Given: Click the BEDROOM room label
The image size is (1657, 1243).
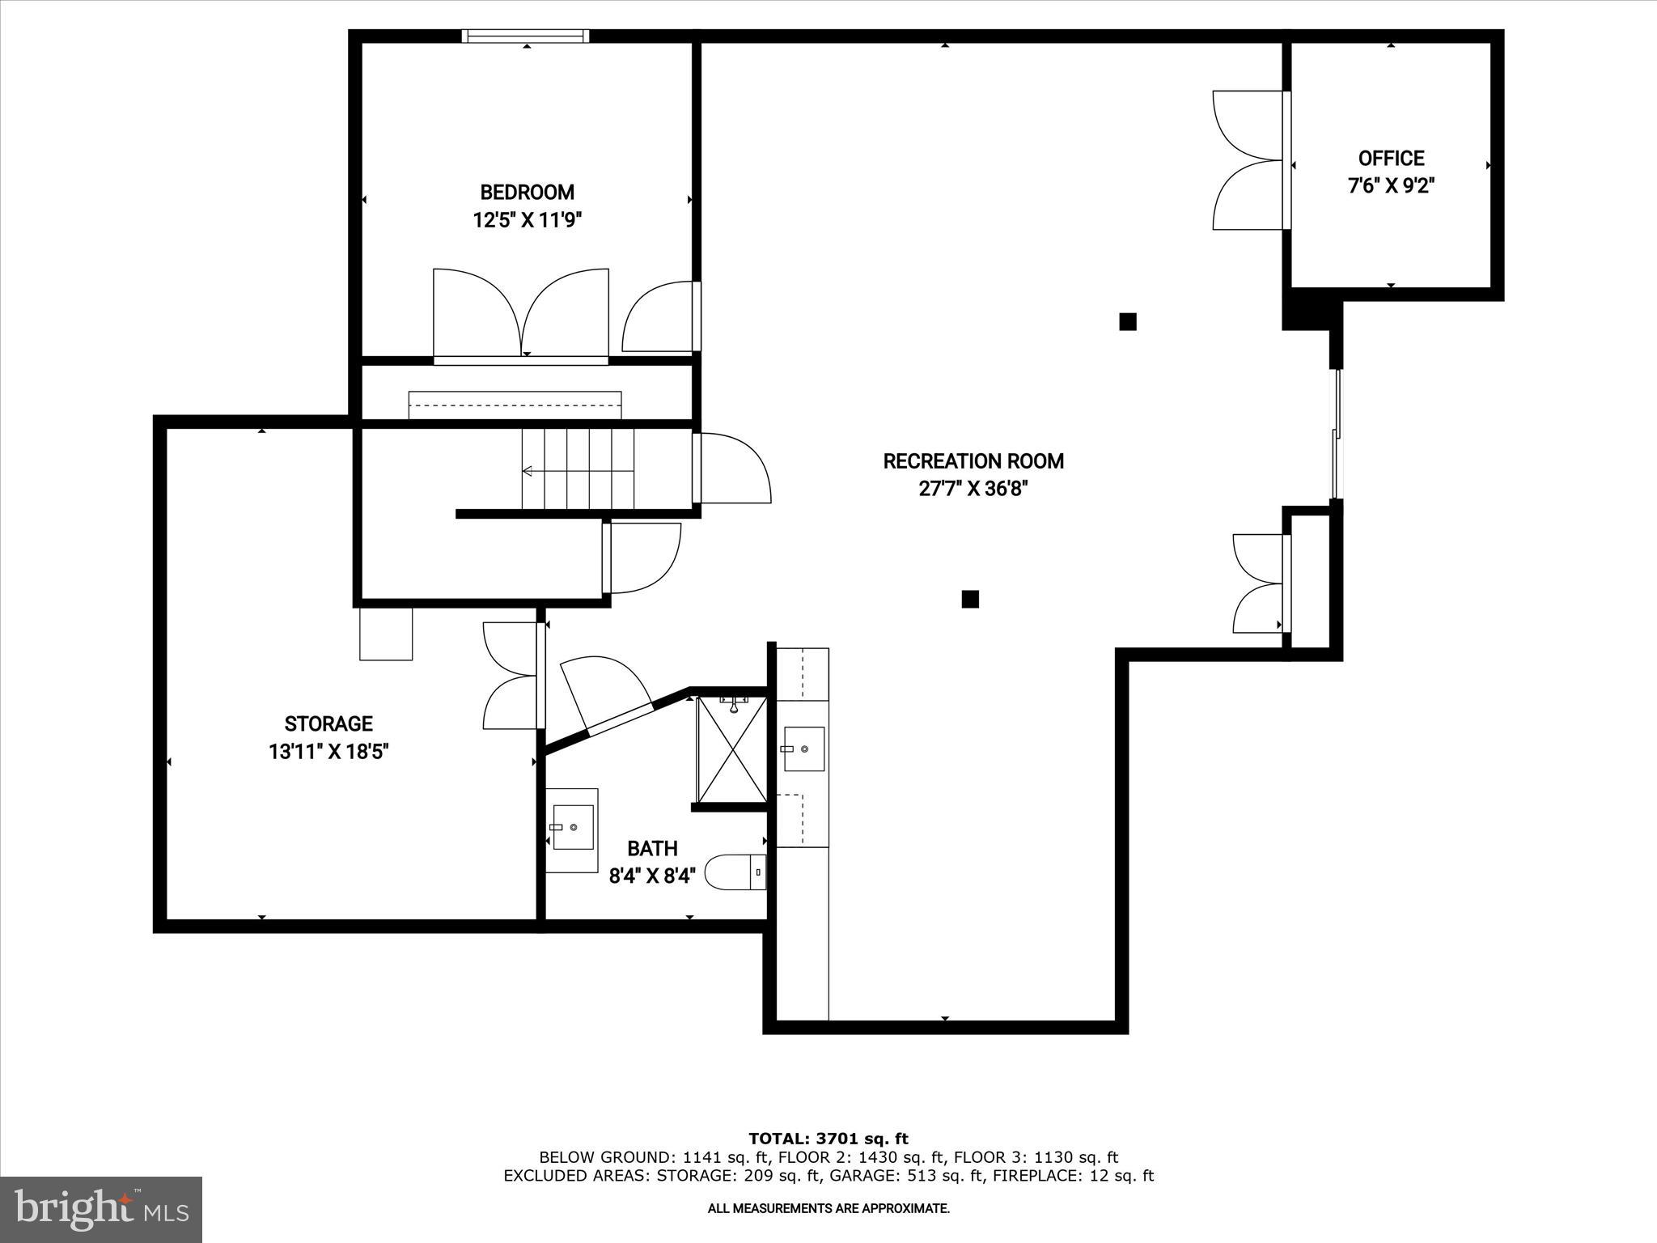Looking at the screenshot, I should [527, 193].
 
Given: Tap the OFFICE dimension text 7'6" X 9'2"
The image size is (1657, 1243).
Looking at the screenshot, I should [1391, 186].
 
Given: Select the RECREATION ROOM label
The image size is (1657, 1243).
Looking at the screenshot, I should [973, 461].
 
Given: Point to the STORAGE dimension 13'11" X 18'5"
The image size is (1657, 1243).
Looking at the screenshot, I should [328, 752].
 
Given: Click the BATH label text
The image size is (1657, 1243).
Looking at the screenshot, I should [652, 849].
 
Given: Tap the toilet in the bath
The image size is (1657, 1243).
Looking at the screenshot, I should [735, 873].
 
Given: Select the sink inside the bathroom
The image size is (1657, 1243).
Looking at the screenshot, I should [571, 829].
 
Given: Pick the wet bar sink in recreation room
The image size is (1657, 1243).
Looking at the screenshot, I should [803, 749].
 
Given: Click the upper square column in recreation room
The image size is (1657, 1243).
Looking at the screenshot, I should [1127, 322].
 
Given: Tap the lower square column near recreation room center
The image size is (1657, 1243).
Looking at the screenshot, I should [970, 599].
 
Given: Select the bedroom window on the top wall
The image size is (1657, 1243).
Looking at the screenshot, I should [525, 36].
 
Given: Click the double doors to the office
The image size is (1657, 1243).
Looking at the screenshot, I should [1250, 160].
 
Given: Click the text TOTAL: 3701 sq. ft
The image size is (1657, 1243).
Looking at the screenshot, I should [828, 1139].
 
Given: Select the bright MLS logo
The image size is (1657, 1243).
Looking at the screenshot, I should [101, 1209].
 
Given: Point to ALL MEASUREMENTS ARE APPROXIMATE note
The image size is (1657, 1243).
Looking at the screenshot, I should [828, 1208].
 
